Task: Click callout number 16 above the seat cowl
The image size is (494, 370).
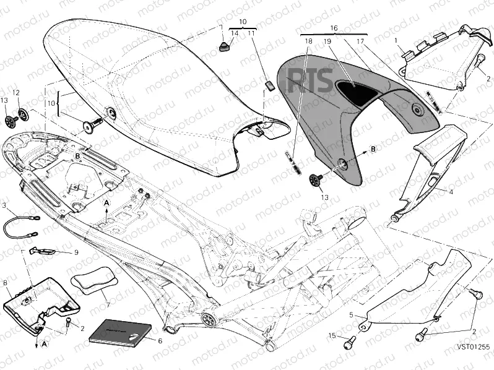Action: (334, 28)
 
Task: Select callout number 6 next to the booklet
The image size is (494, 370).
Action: (160, 340)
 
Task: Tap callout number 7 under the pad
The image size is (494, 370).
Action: (107, 305)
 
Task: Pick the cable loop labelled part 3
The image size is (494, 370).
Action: (20, 226)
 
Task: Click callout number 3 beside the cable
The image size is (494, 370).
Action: (4, 205)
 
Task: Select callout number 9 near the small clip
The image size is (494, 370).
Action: (76, 252)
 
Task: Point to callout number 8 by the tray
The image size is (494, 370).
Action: (6, 283)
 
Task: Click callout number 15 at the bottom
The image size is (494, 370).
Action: (332, 335)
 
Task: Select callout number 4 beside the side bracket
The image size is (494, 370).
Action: (451, 192)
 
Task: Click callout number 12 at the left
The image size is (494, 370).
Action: (17, 93)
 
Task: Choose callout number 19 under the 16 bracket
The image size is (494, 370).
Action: (327, 41)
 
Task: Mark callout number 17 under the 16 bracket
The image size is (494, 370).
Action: (360, 41)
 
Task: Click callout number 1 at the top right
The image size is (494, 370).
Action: (395, 40)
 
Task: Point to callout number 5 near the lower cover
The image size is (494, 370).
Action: (350, 314)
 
